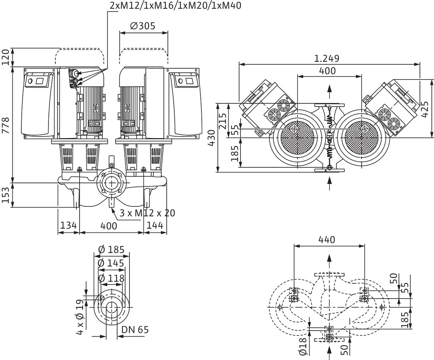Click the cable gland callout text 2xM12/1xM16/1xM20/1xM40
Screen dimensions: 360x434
pyautogui.click(x=175, y=5)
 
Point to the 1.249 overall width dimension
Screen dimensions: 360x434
pyautogui.click(x=327, y=59)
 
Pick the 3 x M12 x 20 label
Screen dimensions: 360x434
pyautogui.click(x=147, y=213)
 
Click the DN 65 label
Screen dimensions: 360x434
pyautogui.click(x=135, y=330)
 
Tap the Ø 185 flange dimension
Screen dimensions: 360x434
pyautogui.click(x=111, y=250)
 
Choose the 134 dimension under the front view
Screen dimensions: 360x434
pyautogui.click(x=68, y=226)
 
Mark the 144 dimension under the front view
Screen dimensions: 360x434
pyautogui.click(x=155, y=226)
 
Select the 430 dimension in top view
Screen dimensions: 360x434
pyautogui.click(x=212, y=138)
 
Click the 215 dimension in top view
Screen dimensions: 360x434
pyautogui.click(x=223, y=121)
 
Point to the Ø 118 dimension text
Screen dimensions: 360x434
pyautogui.click(x=111, y=278)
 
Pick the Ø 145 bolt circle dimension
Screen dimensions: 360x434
pyautogui.click(x=111, y=263)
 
